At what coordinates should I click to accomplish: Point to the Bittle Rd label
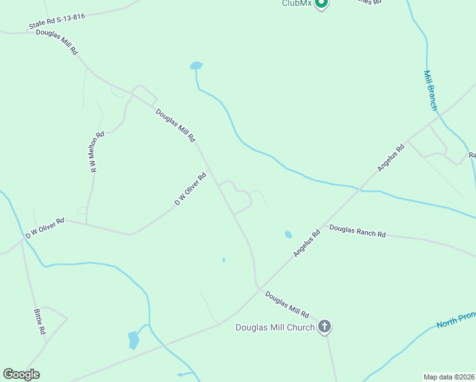[x=39, y=322]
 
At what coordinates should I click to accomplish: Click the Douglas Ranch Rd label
[x=358, y=230]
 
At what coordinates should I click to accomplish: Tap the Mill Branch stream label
[x=430, y=90]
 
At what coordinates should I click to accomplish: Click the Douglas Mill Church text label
[x=275, y=328]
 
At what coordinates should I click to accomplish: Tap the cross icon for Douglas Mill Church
[x=325, y=327]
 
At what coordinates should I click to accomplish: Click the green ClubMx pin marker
[x=321, y=3]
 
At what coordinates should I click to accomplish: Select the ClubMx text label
[x=297, y=3]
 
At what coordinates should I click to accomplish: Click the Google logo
[x=21, y=374]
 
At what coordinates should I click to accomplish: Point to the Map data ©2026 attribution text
[x=449, y=376]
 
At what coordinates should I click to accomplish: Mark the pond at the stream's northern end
[x=196, y=65]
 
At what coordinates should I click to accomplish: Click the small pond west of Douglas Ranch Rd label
[x=288, y=234]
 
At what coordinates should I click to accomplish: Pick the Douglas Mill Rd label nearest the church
[x=287, y=304]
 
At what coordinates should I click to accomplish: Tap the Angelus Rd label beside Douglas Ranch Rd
[x=307, y=244]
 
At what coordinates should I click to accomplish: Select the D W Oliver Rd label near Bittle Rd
[x=45, y=229]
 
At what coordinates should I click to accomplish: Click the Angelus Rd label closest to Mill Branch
[x=391, y=159]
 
